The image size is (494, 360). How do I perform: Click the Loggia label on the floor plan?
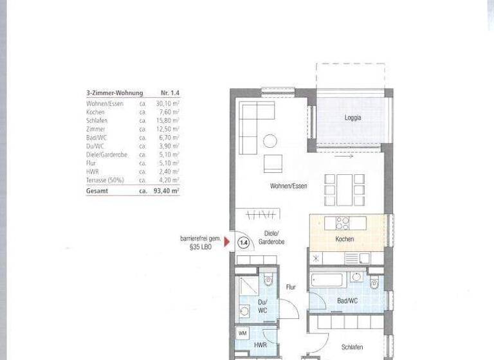(x=352, y=118)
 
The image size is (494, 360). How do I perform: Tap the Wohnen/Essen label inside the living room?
(x=288, y=186)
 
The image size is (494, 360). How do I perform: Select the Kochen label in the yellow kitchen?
(x=344, y=239)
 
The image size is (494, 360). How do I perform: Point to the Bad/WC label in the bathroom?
(x=347, y=301)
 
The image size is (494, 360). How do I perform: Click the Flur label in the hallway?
(x=291, y=287)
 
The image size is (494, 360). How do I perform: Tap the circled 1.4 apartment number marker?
(x=243, y=242)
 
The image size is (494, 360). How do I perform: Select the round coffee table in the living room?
(x=270, y=140)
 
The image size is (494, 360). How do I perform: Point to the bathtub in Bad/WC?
(x=327, y=280)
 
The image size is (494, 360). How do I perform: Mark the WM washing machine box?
(x=242, y=333)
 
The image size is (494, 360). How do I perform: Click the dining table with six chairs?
(x=344, y=190)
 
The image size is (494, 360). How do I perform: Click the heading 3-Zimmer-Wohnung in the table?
(x=114, y=93)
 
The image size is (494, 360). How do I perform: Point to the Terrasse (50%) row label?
(x=105, y=181)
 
